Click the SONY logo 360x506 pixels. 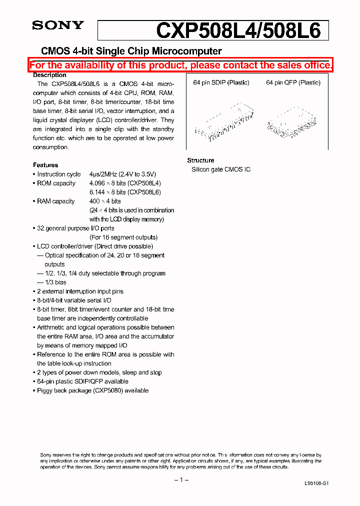pyautogui.click(x=58, y=25)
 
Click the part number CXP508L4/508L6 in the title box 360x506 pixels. pyautogui.click(x=238, y=30)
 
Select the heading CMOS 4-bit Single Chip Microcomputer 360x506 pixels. pyautogui.click(x=131, y=51)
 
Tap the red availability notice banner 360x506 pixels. pyautogui.click(x=180, y=65)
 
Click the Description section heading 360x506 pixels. pyautogui.click(x=49, y=75)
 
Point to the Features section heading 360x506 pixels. pyautogui.click(x=45, y=165)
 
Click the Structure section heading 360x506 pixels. pyautogui.click(x=200, y=160)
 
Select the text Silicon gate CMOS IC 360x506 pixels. pyautogui.click(x=221, y=169)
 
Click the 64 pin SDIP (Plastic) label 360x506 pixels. pyautogui.click(x=221, y=82)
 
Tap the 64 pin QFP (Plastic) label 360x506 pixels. pyautogui.click(x=293, y=82)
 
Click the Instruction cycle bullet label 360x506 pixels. pyautogui.click(x=58, y=174)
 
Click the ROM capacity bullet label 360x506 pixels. pyautogui.click(x=56, y=183)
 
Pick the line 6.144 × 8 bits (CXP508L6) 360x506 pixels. pyautogui.click(x=125, y=192)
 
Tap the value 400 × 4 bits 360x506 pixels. pyautogui.click(x=105, y=201)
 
